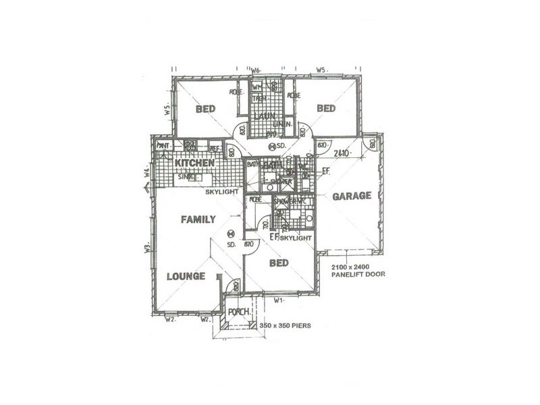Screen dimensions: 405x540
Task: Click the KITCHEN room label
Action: point(195,163)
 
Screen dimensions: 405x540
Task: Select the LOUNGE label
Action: point(186,275)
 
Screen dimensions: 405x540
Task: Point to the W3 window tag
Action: point(146,248)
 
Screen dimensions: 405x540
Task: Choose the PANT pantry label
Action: point(163,145)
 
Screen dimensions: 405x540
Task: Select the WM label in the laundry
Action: point(257,88)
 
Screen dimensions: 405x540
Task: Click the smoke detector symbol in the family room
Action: point(230,234)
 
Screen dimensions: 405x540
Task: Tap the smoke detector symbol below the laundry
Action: point(273,146)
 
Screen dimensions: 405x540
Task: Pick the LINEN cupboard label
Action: point(283,124)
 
